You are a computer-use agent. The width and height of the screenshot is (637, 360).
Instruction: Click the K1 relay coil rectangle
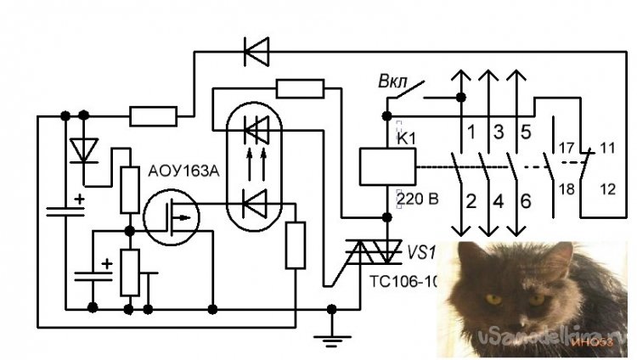click(x=387, y=166)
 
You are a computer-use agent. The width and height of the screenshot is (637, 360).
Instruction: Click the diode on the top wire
click(x=256, y=52)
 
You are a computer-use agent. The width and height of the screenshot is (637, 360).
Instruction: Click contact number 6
click(x=526, y=201)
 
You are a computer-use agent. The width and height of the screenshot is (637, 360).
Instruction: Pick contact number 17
click(x=566, y=145)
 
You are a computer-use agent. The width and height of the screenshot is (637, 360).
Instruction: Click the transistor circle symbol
click(x=172, y=217)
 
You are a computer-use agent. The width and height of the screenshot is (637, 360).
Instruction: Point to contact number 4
click(x=499, y=201)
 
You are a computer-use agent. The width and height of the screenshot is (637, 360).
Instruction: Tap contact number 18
click(x=566, y=188)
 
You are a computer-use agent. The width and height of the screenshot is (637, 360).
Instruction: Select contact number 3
click(x=499, y=132)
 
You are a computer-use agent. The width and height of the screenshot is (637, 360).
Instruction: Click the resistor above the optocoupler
click(x=301, y=88)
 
